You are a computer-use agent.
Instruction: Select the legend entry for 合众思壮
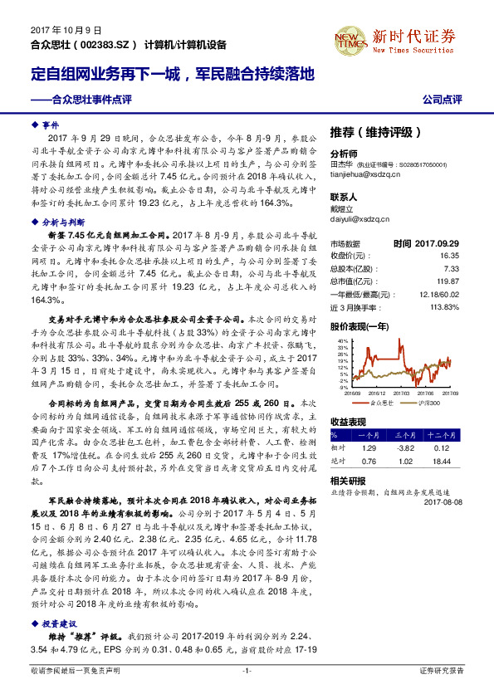point(379,402)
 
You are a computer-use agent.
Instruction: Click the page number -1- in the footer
point(247,669)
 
